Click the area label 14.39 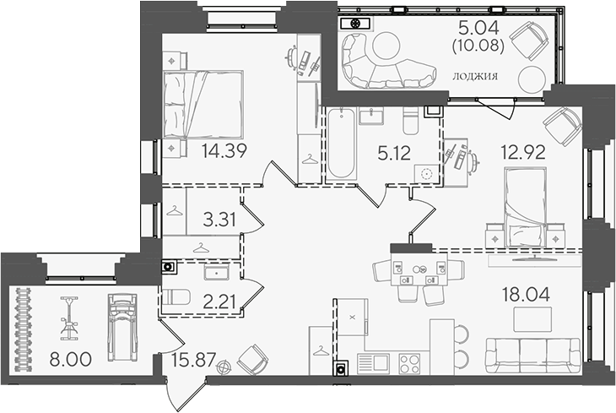[224, 150]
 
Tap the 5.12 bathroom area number [394, 153]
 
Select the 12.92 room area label [523, 152]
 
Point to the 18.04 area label [527, 294]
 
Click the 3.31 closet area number [219, 220]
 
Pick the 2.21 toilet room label [219, 302]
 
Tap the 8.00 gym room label [71, 359]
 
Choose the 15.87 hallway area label [194, 359]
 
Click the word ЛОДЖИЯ [475, 76]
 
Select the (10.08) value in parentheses [478, 46]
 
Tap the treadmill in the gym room [122, 327]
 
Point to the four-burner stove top [409, 364]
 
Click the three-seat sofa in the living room [532, 356]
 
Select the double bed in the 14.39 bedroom [203, 104]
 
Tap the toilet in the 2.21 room [176, 297]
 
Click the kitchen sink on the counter [374, 364]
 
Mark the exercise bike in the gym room [69, 318]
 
